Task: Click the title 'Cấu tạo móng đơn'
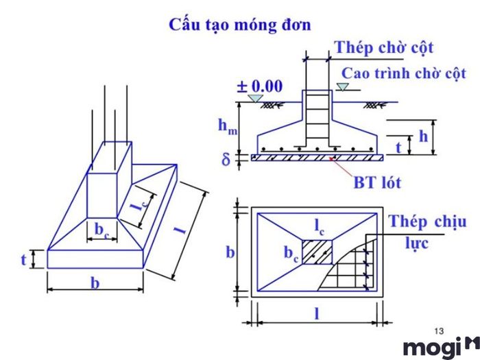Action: coord(239,25)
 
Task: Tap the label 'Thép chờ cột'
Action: coord(383,47)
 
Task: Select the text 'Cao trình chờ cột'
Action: coord(404,73)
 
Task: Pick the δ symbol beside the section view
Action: coord(226,160)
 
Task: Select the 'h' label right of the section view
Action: coord(423,136)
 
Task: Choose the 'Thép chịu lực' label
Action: coord(427,232)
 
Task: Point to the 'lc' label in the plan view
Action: coord(320,224)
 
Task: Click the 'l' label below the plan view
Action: coord(316,313)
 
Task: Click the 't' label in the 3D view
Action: coord(25,259)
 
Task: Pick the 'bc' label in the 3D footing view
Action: coord(101,228)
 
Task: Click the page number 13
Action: coord(440,331)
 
